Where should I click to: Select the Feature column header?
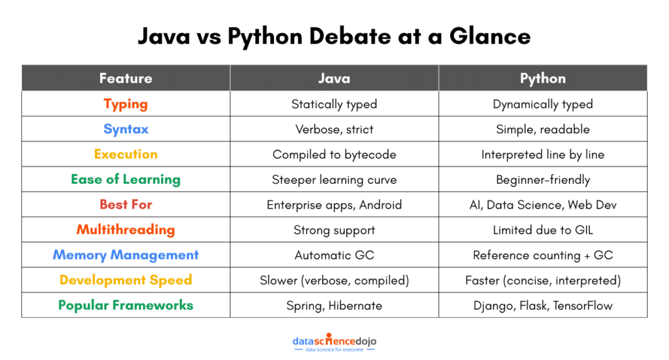click(125, 79)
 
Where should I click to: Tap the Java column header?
click(334, 79)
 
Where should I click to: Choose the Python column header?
click(542, 79)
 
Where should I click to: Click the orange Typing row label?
click(125, 104)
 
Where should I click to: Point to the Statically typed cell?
click(334, 104)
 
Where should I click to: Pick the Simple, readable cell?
click(542, 129)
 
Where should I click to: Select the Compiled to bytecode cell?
click(334, 155)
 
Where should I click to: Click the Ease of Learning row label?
click(125, 179)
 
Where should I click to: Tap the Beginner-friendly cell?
click(542, 180)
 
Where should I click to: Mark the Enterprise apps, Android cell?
click(334, 205)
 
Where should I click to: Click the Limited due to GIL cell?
click(542, 230)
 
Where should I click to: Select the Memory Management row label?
click(125, 255)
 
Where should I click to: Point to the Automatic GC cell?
click(334, 255)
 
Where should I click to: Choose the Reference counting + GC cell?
click(542, 255)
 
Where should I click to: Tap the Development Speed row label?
click(125, 280)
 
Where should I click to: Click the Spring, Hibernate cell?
click(334, 305)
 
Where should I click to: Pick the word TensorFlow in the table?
click(583, 305)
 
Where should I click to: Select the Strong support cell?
click(334, 230)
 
